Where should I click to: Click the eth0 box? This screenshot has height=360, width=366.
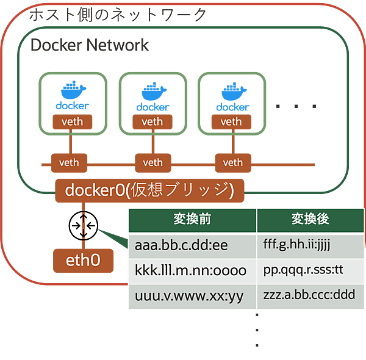click(83, 261)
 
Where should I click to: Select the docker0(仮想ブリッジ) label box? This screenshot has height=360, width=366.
click(149, 190)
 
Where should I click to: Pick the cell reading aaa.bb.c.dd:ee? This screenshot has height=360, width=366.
click(192, 245)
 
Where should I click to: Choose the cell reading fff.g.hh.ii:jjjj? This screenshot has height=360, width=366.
click(310, 245)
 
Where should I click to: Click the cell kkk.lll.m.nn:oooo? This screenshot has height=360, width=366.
click(192, 270)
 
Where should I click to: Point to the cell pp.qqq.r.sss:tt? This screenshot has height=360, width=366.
click(310, 270)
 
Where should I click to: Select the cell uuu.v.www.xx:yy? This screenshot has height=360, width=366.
click(192, 296)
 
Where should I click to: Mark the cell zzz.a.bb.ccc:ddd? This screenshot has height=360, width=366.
click(310, 296)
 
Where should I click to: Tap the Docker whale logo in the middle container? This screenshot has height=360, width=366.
click(152, 95)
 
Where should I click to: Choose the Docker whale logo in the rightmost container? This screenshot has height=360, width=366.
click(231, 95)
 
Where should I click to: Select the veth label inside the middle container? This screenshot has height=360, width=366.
click(152, 121)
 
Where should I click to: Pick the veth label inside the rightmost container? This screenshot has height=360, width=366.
click(231, 121)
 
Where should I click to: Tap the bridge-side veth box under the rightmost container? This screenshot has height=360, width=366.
click(232, 162)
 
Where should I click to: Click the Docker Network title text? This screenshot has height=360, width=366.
click(89, 45)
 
